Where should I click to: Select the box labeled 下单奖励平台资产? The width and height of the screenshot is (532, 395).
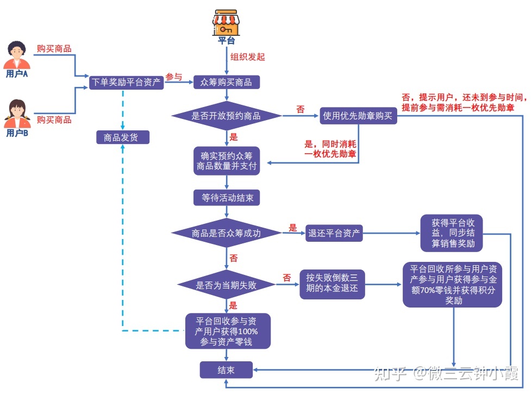point(126,83)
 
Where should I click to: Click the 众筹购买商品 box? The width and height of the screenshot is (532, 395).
point(227,83)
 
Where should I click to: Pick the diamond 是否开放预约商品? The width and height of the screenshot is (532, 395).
point(227,116)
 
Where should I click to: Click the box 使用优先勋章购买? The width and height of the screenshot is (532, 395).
point(358,116)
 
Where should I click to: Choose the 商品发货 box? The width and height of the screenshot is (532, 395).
point(122,137)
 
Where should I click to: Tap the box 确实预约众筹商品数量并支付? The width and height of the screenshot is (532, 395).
point(227,160)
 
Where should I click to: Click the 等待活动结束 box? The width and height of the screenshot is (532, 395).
point(227,198)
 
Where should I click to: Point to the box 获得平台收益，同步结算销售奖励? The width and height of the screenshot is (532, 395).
point(452,234)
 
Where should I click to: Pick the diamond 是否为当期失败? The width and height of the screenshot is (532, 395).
point(227,285)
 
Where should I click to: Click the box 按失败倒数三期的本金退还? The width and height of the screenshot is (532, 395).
point(332,284)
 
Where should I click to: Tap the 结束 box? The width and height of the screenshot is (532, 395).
point(227,371)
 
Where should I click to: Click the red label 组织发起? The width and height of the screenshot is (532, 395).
point(248,57)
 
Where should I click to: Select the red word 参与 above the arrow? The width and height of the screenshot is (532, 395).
point(173,77)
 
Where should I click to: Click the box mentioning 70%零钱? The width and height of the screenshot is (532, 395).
point(453,284)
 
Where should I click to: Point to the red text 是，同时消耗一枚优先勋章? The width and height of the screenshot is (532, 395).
point(330,150)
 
